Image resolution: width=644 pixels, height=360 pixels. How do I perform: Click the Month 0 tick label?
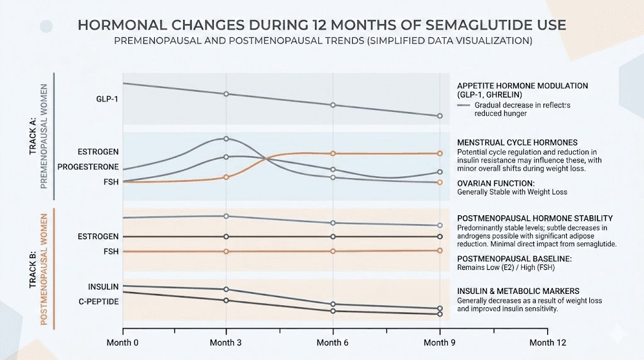tap(123, 342)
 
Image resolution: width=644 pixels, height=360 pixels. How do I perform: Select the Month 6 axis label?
tap(333, 342)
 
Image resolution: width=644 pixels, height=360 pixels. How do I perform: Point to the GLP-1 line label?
tap(108, 99)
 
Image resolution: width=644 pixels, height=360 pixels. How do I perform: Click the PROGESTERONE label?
tap(88, 167)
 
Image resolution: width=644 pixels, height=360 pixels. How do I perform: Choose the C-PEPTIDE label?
tap(98, 301)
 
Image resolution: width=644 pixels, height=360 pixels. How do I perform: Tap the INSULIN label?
tap(103, 287)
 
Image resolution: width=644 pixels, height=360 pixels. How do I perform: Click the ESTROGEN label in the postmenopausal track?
tap(98, 237)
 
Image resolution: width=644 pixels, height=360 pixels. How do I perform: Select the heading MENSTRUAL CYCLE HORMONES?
tap(517, 143)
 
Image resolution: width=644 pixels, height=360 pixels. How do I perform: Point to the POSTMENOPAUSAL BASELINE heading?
tap(514, 259)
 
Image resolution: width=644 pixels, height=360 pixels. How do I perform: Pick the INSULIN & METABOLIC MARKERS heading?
tap(518, 291)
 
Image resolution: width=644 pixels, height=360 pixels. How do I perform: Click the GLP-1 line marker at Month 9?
tap(440, 116)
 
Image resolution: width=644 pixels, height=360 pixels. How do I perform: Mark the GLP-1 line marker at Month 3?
tap(226, 94)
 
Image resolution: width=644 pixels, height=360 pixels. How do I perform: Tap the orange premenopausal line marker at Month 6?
tap(333, 154)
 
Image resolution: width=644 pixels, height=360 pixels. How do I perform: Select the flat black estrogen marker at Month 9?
tap(440, 237)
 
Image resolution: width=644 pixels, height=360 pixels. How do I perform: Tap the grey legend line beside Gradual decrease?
tap(464, 106)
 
